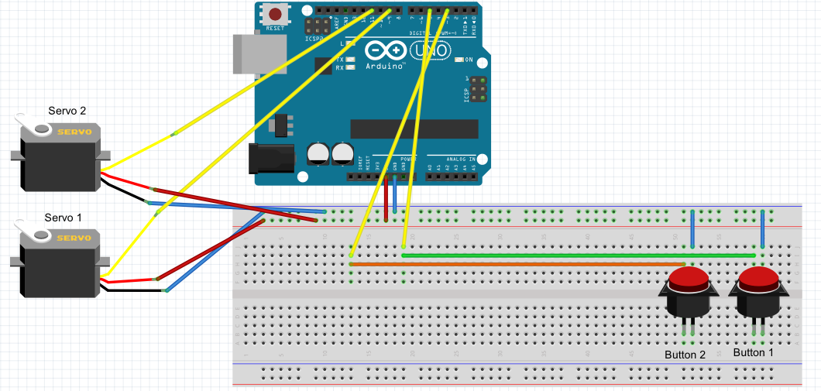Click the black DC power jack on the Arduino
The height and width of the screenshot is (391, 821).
pos(270,159)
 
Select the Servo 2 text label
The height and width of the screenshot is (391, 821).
pos(67,111)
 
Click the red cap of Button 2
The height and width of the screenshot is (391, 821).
pos(689,277)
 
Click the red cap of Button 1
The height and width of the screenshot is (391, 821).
pos(757,277)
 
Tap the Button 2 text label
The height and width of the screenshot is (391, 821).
pos(685,355)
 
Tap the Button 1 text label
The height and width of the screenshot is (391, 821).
pos(754,352)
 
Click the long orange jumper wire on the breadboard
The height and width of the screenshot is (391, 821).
pos(511,264)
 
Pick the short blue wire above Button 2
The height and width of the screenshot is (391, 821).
pos(692,228)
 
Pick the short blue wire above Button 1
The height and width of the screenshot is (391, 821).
pos(763,228)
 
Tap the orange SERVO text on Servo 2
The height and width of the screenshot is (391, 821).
pos(74,132)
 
